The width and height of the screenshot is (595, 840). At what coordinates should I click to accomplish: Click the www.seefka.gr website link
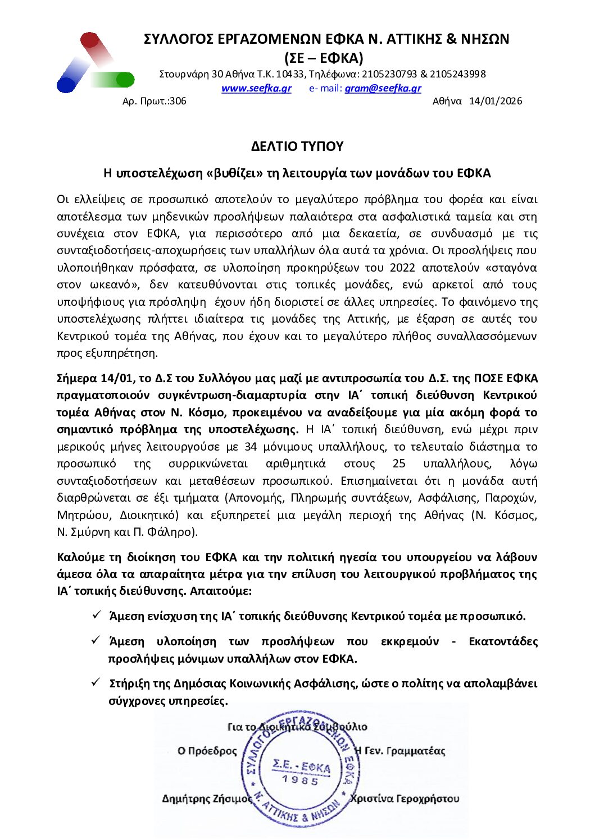[x=256, y=88]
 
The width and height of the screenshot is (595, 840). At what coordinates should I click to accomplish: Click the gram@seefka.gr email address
[x=383, y=88]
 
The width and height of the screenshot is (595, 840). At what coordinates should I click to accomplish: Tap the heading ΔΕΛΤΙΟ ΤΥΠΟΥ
[x=297, y=146]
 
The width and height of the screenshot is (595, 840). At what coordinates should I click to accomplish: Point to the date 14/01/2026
[x=496, y=101]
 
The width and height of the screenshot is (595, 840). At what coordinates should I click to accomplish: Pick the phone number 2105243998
[x=458, y=74]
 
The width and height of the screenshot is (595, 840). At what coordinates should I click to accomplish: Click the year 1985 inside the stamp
[x=301, y=779]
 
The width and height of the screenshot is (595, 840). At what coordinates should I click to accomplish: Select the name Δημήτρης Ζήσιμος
[x=207, y=798]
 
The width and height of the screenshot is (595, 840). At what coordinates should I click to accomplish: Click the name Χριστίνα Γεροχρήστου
[x=405, y=798]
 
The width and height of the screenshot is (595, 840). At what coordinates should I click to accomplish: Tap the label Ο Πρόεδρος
[x=207, y=751]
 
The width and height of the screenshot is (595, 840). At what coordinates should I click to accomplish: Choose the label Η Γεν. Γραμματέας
[x=400, y=751]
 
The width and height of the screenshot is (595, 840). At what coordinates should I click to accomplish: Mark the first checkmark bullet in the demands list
[x=96, y=615]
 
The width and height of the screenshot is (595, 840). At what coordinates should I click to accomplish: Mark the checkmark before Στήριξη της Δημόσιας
[x=96, y=682]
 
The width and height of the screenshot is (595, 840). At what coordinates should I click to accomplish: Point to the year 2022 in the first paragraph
[x=402, y=268]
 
